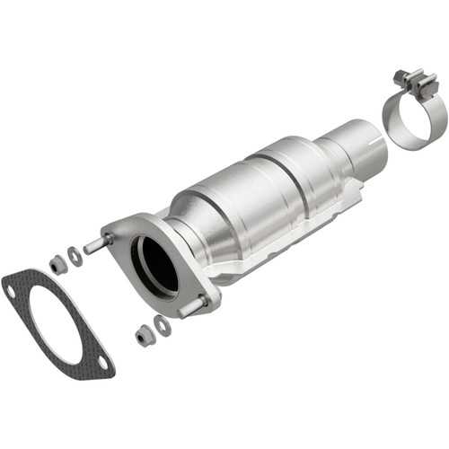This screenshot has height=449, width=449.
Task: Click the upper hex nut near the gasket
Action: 58,263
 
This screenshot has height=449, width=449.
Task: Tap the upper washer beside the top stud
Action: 75,256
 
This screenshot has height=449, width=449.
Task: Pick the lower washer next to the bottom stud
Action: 162,325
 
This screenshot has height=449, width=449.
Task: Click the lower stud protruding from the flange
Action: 190,308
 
